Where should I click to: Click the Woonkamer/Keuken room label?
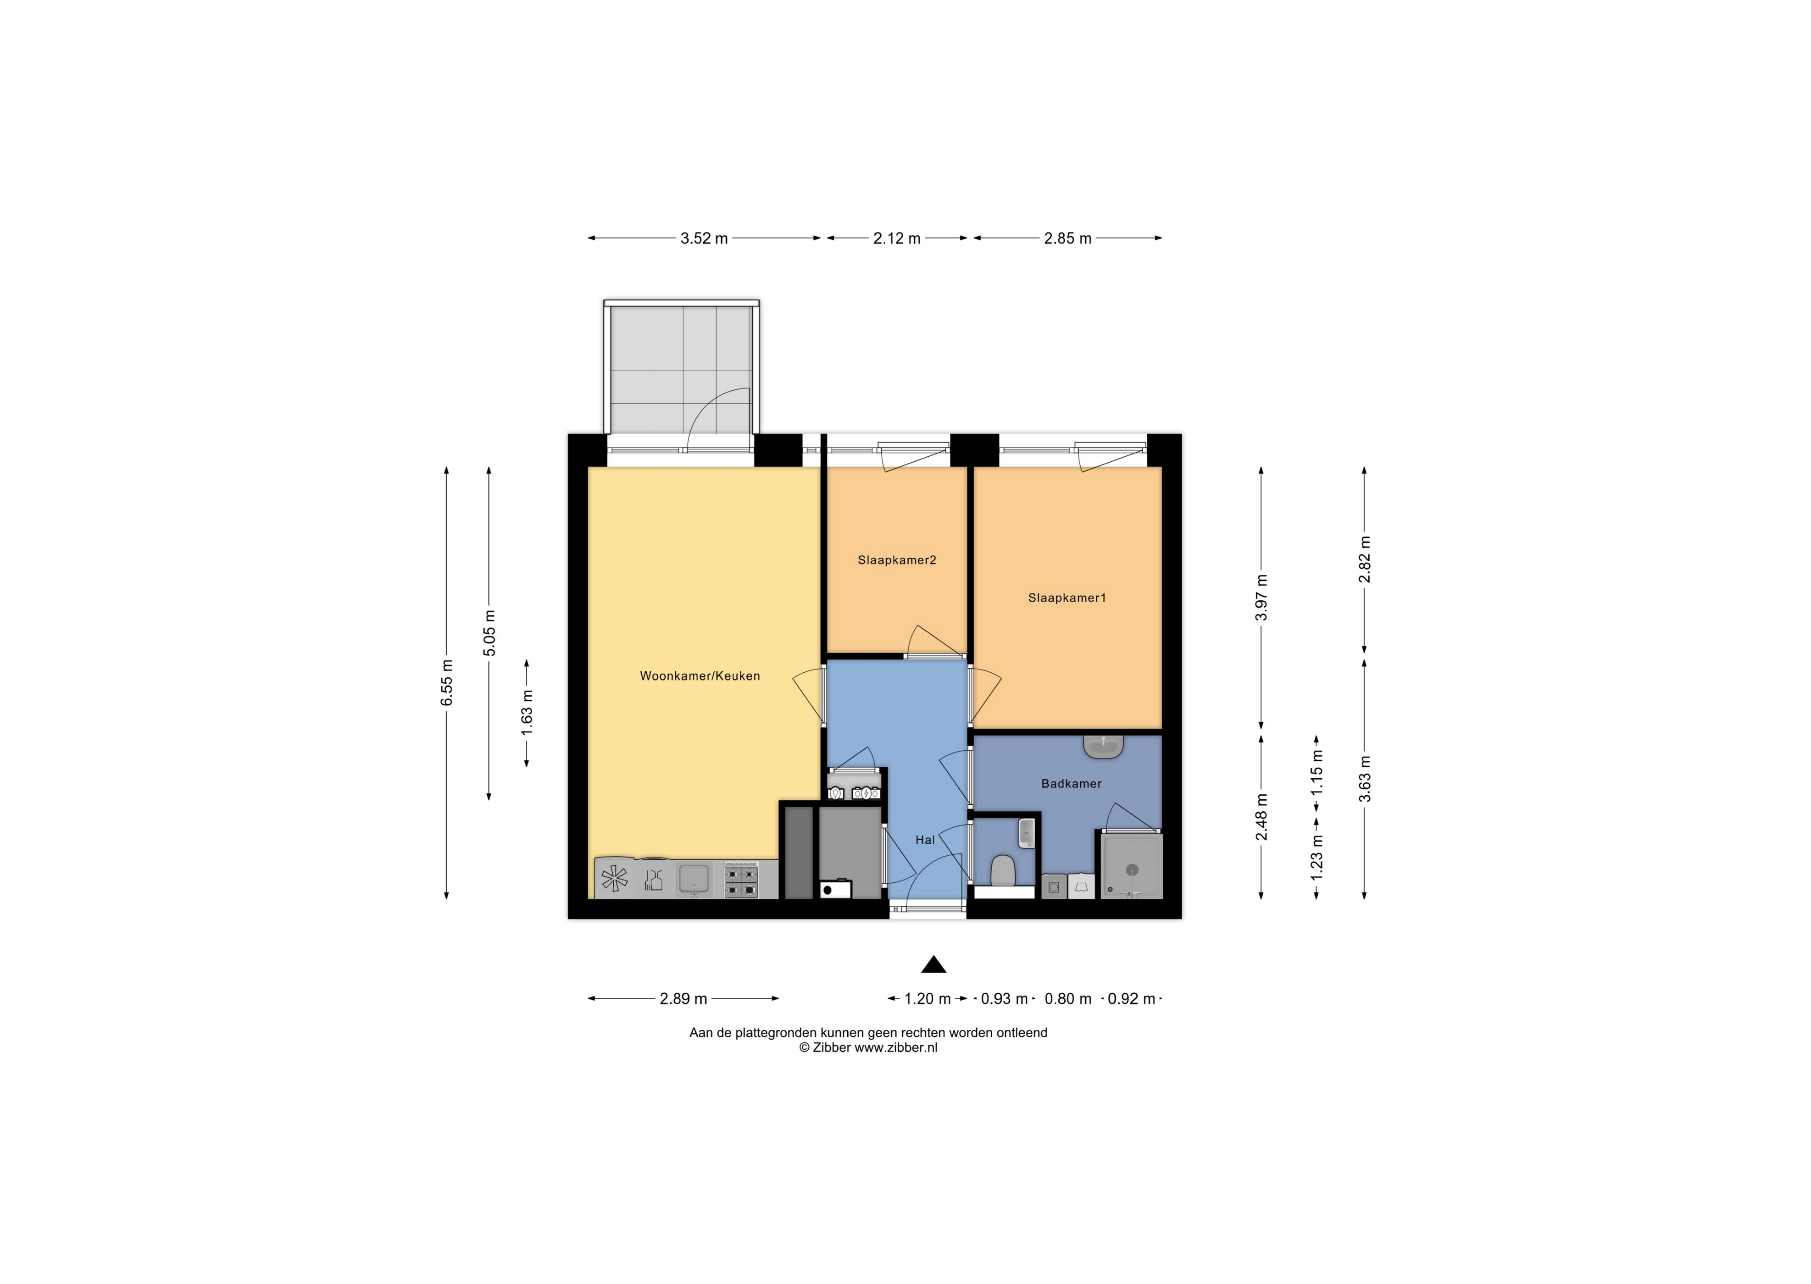point(700,676)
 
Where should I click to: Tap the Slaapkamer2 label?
point(897,560)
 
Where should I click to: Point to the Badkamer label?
point(1072,784)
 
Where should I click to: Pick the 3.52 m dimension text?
point(704,238)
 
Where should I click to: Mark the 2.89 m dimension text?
point(683,999)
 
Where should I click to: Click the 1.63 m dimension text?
point(527,712)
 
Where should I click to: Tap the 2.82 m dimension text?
point(1364,560)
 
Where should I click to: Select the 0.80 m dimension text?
point(1067,999)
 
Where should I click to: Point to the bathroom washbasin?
point(1103,747)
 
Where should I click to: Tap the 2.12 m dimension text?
point(897,238)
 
